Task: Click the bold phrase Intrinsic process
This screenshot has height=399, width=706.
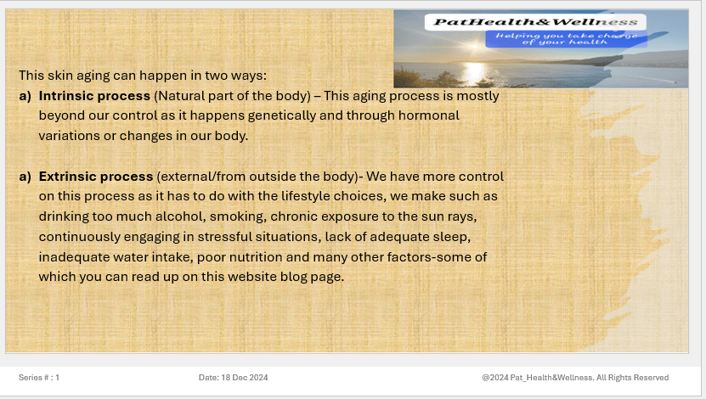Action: (94, 96)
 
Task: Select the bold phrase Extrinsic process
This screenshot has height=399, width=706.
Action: (96, 177)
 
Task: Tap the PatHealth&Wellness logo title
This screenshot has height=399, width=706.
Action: (535, 22)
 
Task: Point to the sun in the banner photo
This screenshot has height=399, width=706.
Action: (474, 45)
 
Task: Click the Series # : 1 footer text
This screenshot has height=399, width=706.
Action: (39, 378)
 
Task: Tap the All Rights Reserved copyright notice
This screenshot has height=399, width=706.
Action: (575, 378)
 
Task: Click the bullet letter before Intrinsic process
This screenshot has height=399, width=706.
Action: (25, 96)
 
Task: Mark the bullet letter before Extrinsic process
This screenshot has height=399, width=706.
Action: (25, 177)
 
